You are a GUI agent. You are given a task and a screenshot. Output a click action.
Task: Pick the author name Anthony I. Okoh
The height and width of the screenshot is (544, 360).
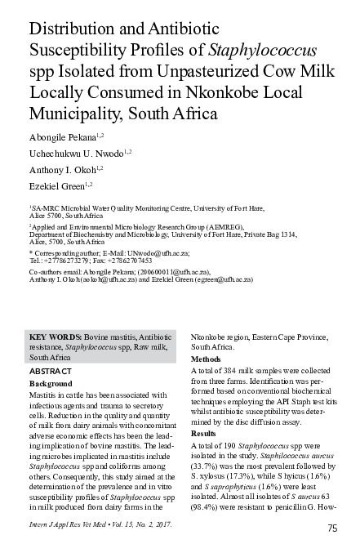[60, 170]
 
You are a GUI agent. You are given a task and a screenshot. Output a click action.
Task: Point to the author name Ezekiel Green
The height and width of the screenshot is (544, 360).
[55, 189]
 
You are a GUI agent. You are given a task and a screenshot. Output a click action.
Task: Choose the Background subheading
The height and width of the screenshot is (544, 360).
[51, 383]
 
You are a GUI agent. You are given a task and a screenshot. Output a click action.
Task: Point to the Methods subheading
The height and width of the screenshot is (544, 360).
[206, 359]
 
